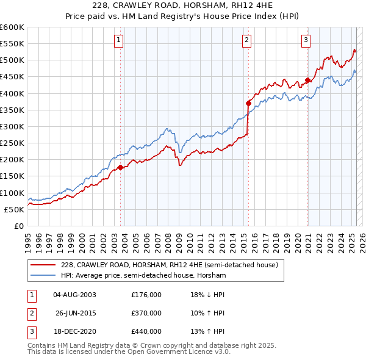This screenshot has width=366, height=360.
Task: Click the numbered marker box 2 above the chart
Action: pyautogui.click(x=246, y=41)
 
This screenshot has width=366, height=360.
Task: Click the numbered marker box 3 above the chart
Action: pyautogui.click(x=306, y=41)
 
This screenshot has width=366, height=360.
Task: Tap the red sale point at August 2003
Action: pyautogui.click(x=120, y=167)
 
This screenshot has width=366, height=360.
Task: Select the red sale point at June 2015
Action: pyautogui.click(x=248, y=103)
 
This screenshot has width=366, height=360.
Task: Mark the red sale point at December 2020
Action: pyautogui.click(x=307, y=80)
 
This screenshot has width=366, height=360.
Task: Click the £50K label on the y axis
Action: pyautogui.click(x=15, y=209)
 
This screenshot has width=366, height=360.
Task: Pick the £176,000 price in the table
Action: pyautogui.click(x=146, y=295)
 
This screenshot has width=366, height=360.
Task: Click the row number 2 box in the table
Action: pyautogui.click(x=31, y=313)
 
